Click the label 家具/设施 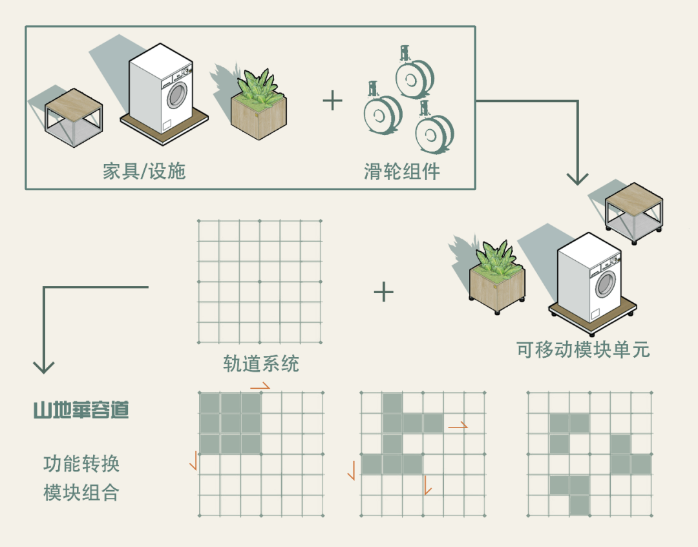(x=144, y=170)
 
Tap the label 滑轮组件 (x=401, y=171)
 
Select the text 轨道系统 (x=261, y=364)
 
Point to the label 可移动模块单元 (x=583, y=349)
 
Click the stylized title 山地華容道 (x=81, y=410)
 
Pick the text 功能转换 (x=81, y=464)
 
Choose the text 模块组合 (x=81, y=493)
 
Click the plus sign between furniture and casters (x=332, y=100)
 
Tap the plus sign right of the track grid (x=383, y=292)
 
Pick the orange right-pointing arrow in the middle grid (x=458, y=426)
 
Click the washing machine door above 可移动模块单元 (x=606, y=284)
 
